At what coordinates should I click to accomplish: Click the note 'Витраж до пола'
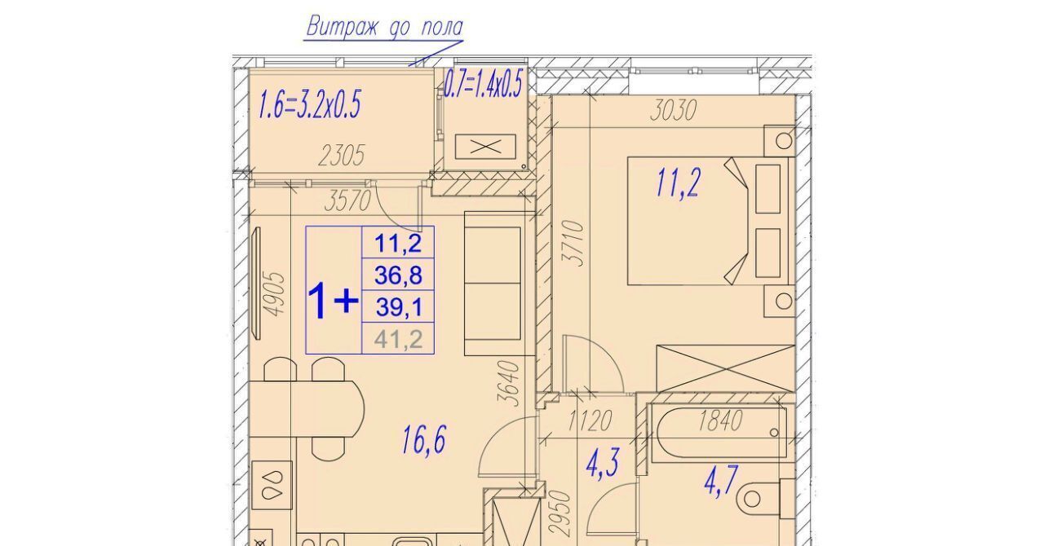[384, 27]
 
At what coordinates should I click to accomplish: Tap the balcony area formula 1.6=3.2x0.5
[310, 104]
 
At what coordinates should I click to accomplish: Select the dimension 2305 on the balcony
[341, 156]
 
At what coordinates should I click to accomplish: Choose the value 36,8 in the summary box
[398, 275]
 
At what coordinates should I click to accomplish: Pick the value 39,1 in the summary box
[399, 307]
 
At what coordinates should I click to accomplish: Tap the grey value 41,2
[398, 339]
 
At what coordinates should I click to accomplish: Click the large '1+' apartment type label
[334, 301]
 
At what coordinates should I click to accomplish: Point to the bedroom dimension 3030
[673, 110]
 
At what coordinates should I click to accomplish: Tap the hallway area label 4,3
[603, 464]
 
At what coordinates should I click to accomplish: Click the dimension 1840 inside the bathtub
[719, 421]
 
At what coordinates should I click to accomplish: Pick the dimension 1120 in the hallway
[590, 421]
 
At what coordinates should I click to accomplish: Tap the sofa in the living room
[498, 284]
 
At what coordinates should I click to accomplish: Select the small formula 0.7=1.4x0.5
[482, 84]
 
